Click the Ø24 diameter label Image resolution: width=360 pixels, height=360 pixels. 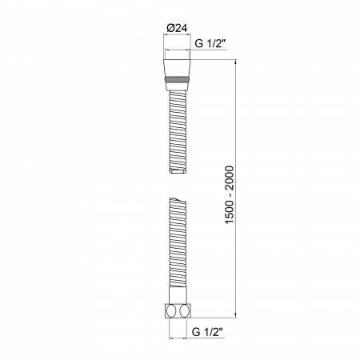click(x=177, y=30)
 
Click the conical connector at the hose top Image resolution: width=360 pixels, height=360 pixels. click(x=180, y=66)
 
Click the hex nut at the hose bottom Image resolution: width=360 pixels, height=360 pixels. click(x=180, y=310)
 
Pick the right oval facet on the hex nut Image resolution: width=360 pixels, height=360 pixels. click(x=187, y=310)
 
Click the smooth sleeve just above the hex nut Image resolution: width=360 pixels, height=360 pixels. click(x=180, y=294)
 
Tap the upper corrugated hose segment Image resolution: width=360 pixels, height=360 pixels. click(x=180, y=128)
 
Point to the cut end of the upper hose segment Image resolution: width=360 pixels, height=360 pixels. click(x=180, y=170)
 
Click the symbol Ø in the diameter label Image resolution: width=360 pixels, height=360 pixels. click(x=169, y=30)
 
